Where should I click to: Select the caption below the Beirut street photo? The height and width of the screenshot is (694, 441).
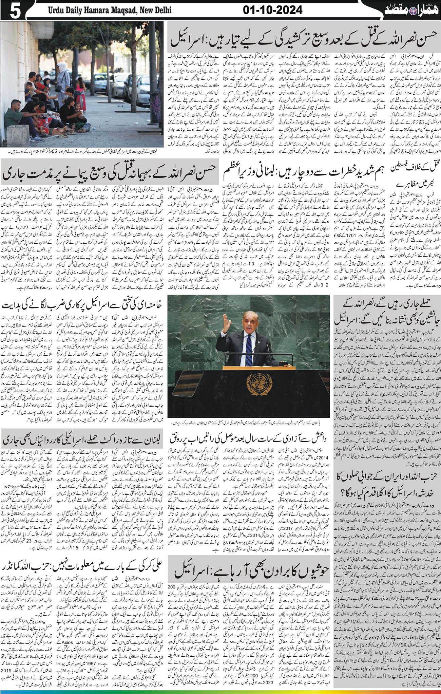[x=81, y=151]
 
